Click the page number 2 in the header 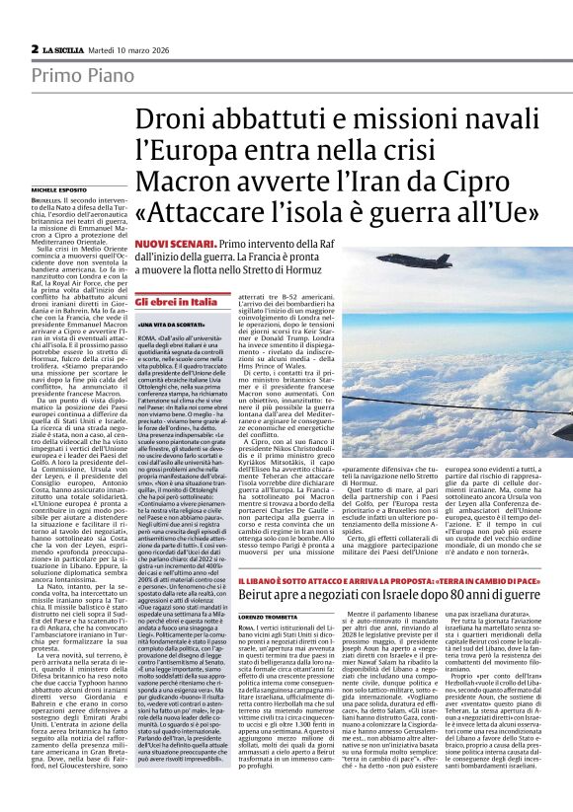pyautogui.click(x=35, y=48)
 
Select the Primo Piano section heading pyautogui.click(x=71, y=76)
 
